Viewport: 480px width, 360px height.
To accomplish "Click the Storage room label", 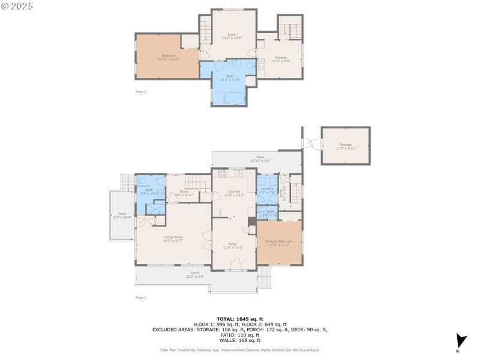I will pyautogui.click(x=346, y=145).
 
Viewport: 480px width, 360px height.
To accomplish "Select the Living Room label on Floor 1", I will pyautogui.click(x=173, y=237).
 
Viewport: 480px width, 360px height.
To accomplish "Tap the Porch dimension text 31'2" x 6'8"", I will pyautogui.click(x=195, y=277).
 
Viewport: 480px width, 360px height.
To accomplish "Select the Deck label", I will pyautogui.click(x=122, y=214).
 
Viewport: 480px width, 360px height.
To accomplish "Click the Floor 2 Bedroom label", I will pyautogui.click(x=167, y=55).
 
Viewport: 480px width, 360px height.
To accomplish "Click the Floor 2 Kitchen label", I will pyautogui.click(x=281, y=58).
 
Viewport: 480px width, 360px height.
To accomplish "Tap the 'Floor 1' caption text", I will pyautogui.click(x=140, y=298).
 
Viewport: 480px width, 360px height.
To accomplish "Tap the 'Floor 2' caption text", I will pyautogui.click(x=140, y=92).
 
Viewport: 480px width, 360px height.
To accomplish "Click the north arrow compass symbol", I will pyautogui.click(x=460, y=340).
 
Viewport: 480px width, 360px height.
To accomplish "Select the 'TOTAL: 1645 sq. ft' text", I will pyautogui.click(x=239, y=319).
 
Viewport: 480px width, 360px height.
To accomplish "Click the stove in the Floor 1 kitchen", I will pyautogui.click(x=223, y=174).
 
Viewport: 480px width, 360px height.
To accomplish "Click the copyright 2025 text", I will pyautogui.click(x=17, y=6).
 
